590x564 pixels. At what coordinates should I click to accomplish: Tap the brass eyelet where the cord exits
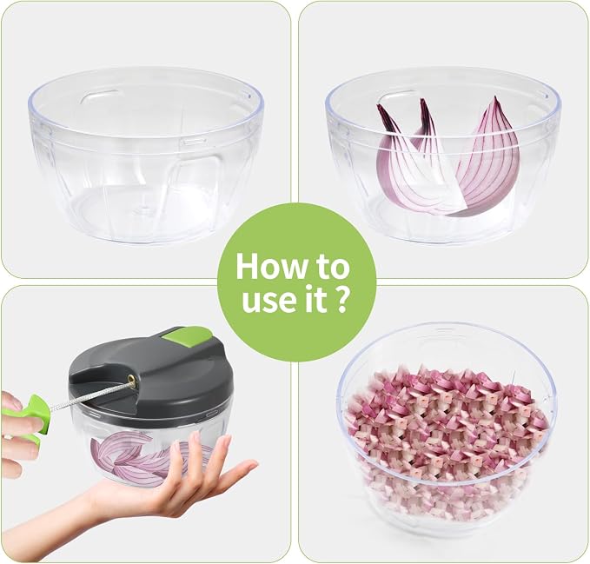point(132,380)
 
